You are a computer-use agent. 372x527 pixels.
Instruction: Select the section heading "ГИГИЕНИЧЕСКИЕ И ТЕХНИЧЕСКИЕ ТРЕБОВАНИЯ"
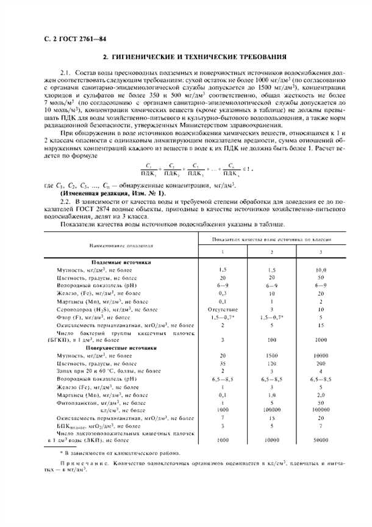point(194,58)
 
